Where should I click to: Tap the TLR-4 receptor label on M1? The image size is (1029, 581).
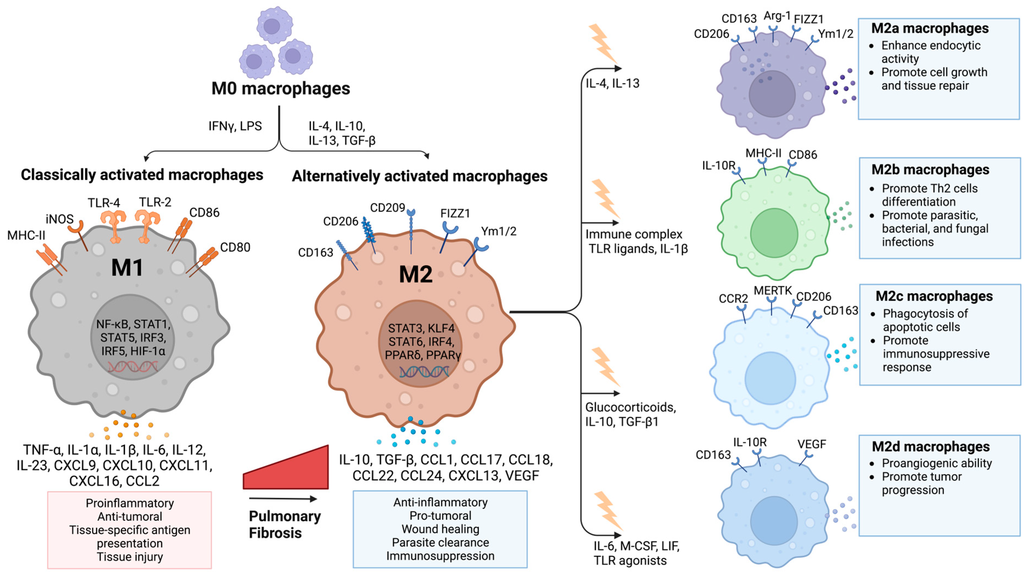point(104,203)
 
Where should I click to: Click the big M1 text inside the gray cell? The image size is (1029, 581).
point(127,268)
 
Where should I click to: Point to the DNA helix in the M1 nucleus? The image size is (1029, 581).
point(133,367)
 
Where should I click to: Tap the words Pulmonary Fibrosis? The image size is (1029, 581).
point(284,524)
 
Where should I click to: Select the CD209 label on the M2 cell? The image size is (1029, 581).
point(387,208)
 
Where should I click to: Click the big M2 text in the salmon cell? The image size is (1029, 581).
point(415,275)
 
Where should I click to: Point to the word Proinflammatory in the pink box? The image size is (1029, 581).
point(130,503)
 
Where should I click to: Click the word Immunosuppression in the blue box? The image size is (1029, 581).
point(440,556)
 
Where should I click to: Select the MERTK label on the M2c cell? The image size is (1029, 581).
point(773,291)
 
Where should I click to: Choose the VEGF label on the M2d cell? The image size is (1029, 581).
point(811,444)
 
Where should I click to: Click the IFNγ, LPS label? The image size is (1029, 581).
point(235,126)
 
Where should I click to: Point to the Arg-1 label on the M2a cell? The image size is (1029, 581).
point(777,16)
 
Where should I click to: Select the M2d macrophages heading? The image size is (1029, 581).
point(930,446)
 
